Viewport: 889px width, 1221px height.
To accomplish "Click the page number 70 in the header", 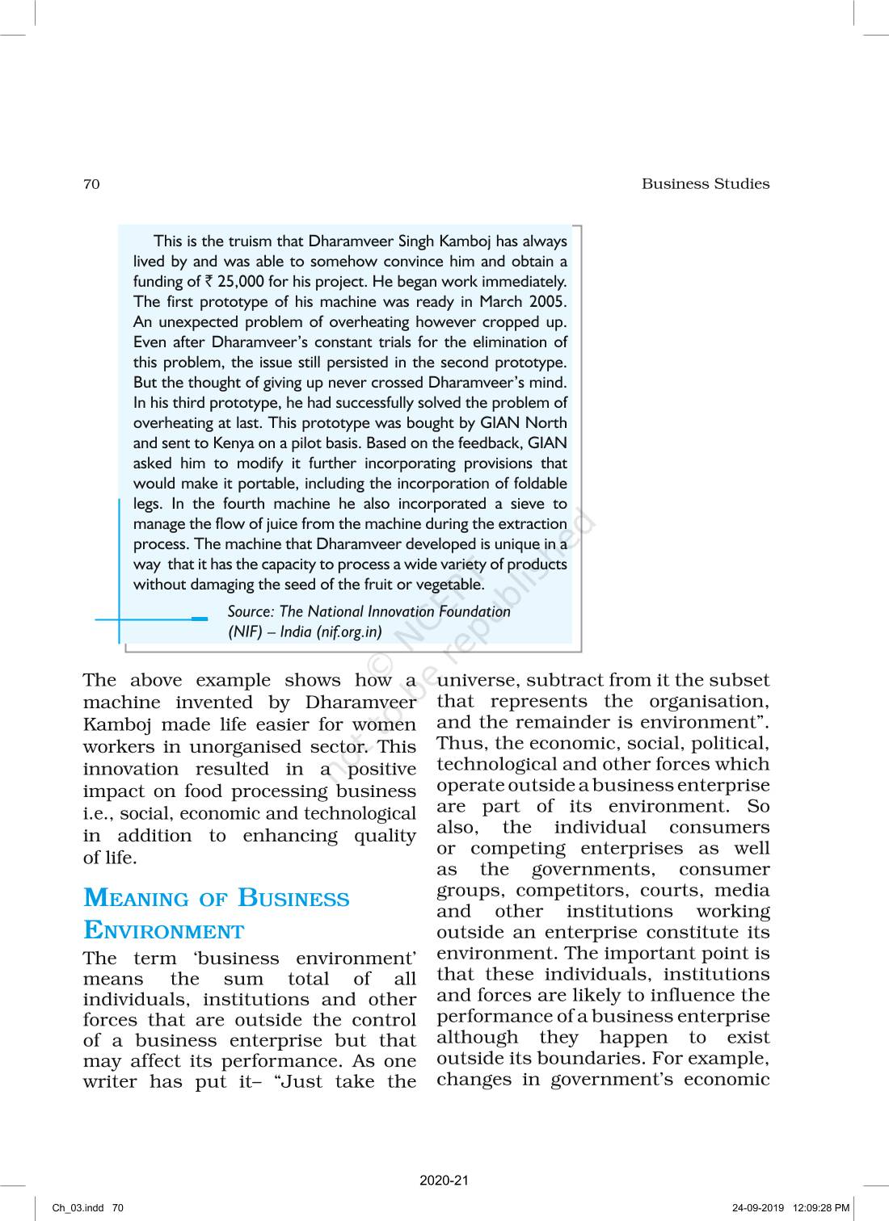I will click(x=91, y=184).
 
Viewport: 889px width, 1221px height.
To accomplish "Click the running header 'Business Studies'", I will click(x=705, y=184).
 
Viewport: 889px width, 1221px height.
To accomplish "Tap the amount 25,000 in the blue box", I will click(x=239, y=282).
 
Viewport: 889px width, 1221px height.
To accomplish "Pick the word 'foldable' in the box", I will click(x=538, y=484).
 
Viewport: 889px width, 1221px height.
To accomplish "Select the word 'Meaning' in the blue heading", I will click(x=136, y=899).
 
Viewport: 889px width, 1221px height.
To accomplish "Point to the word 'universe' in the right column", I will click(x=478, y=681).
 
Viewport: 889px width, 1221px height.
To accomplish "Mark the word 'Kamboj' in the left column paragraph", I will click(x=112, y=725).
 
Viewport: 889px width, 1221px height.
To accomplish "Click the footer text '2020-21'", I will click(x=444, y=1181).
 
